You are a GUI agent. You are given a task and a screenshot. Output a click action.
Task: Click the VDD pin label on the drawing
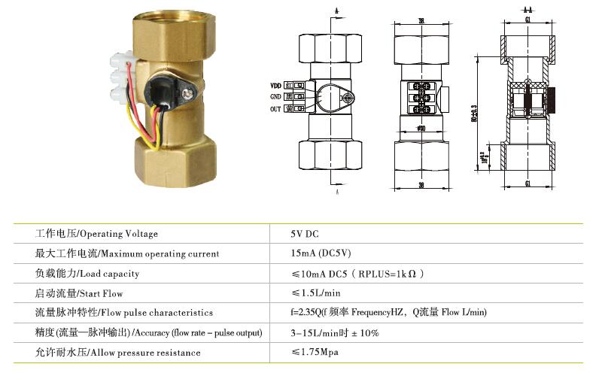[275, 85]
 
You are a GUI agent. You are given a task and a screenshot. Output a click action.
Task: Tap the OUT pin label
[275, 109]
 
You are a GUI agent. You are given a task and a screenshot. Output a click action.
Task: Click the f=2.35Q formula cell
[389, 312]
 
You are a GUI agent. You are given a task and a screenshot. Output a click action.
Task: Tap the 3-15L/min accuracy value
[335, 332]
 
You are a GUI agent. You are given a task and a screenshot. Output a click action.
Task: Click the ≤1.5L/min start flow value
[316, 293]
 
